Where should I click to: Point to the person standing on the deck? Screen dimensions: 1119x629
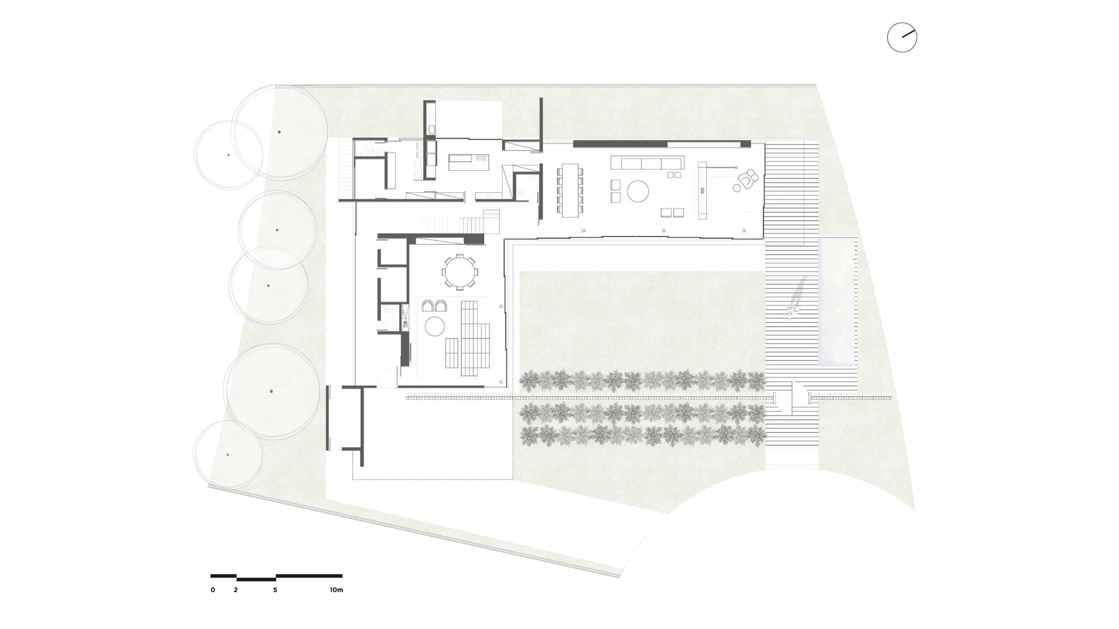coord(794,310)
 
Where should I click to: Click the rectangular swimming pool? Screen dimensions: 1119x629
coord(837,302)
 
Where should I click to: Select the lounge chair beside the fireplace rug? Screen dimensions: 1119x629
coord(749,179)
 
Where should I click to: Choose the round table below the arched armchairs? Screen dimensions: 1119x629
coord(435,326)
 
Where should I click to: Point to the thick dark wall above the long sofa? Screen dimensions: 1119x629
coord(621,144)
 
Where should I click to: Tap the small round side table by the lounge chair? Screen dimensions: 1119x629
coord(737,188)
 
